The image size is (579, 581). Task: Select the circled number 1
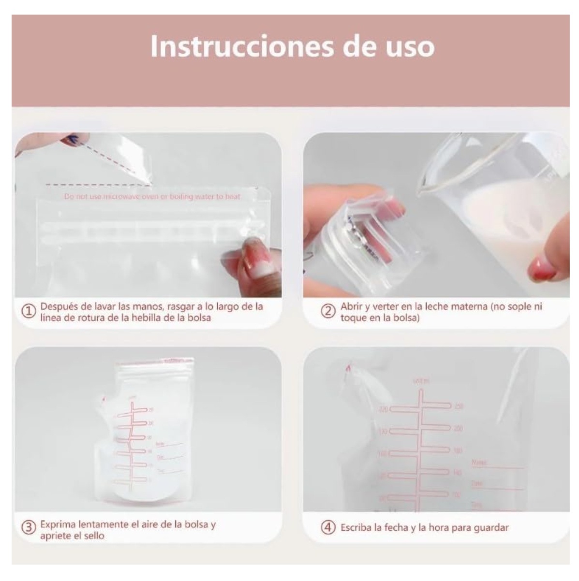[x=30, y=312]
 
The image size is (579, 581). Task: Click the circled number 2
[x=328, y=312]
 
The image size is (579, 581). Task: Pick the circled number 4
[x=328, y=527]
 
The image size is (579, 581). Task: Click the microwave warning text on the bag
[x=152, y=196]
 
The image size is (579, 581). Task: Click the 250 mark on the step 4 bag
[x=458, y=406]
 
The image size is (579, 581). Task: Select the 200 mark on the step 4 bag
[x=457, y=429]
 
